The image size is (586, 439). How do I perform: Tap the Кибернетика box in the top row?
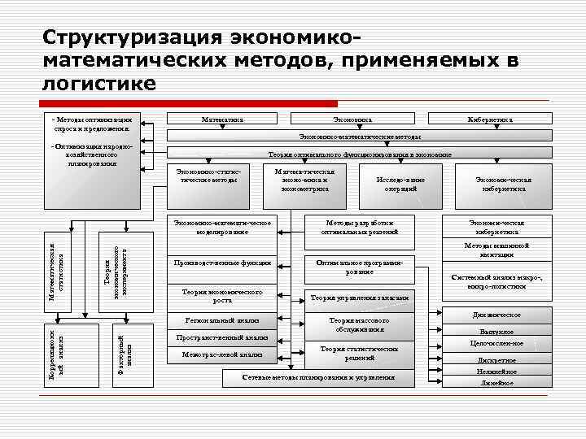point(491,120)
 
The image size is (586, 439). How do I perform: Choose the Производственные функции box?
point(222,263)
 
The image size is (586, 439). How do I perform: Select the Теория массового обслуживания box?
point(359,325)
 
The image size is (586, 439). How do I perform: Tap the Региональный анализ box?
point(222,320)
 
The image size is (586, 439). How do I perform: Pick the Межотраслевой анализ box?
point(222,355)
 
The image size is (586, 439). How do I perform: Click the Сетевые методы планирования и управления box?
point(319,377)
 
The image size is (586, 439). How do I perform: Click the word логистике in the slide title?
point(98,82)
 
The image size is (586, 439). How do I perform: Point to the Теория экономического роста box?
point(222,294)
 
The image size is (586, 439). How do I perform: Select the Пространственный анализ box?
point(222,337)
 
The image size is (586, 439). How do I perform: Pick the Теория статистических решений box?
point(359,353)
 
